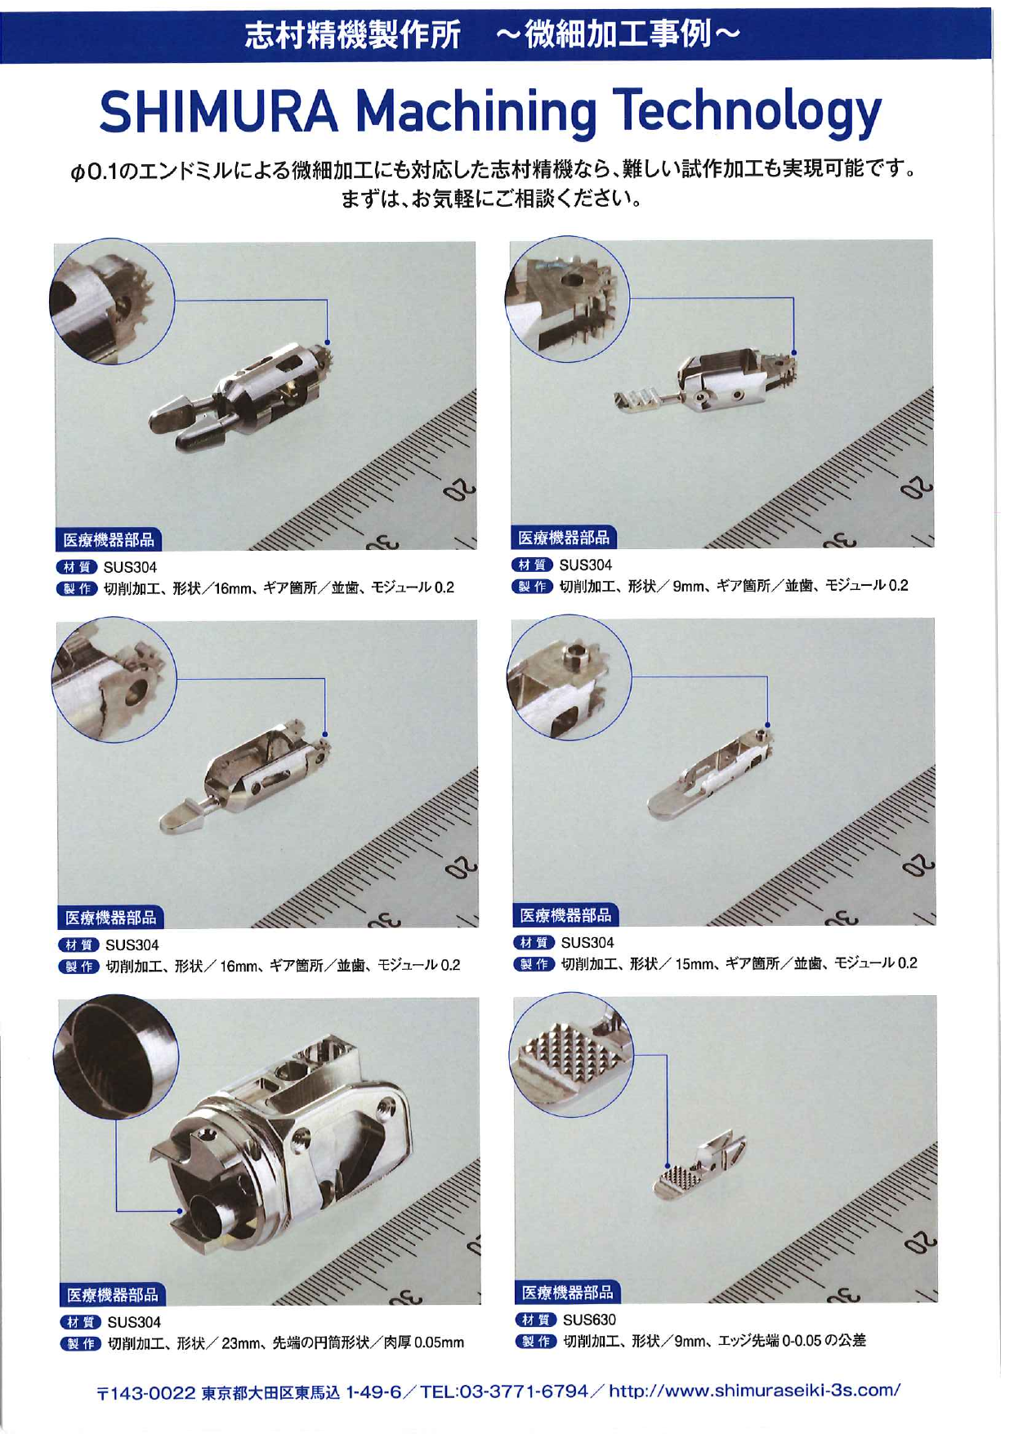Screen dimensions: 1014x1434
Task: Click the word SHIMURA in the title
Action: (218, 111)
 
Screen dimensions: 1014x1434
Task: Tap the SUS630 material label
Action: (589, 1319)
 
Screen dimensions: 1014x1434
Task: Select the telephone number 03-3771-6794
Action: (524, 1390)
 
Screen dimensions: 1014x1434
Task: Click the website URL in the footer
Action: (755, 1390)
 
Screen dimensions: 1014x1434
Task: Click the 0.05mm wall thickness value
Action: (439, 1342)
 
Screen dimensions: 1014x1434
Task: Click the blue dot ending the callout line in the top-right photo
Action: (794, 353)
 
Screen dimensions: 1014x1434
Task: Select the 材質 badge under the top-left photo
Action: (77, 567)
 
